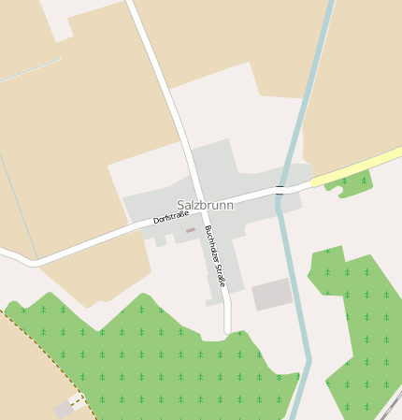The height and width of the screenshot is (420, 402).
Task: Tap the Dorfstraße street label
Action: [171, 218]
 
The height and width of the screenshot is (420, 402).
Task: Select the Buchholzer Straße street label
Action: [215, 255]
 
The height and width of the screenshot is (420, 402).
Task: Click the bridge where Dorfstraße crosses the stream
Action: [279, 191]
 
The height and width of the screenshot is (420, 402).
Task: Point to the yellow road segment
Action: [355, 167]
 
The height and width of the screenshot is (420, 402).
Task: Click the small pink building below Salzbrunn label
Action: [191, 230]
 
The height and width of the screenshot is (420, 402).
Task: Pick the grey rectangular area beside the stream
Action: [271, 294]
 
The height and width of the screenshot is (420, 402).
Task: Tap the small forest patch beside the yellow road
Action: [350, 183]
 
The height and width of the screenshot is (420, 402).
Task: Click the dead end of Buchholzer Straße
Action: [227, 329]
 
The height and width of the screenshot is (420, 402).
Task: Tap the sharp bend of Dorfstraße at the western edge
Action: [34, 265]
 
